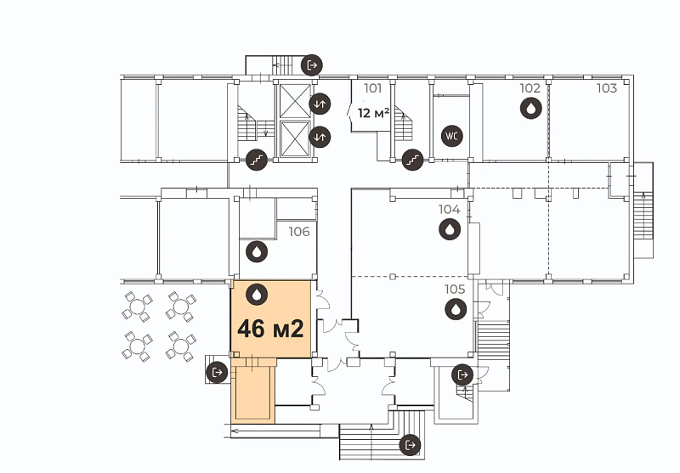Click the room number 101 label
click(372, 88)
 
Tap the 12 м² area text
click(373, 113)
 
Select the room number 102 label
click(530, 88)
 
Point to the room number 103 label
click(606, 88)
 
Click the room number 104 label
click(449, 210)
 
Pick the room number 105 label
click(455, 289)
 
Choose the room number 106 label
click(299, 232)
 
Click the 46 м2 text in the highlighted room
click(270, 329)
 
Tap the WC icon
click(452, 136)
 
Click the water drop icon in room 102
click(530, 108)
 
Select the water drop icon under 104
click(450, 229)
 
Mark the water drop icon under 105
click(456, 309)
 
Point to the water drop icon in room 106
click(257, 251)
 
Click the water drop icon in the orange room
click(257, 295)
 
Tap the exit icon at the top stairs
click(312, 65)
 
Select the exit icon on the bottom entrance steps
click(410, 445)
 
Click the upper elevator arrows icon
click(320, 104)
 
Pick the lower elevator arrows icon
click(320, 137)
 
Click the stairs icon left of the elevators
click(257, 160)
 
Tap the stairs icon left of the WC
click(412, 160)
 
